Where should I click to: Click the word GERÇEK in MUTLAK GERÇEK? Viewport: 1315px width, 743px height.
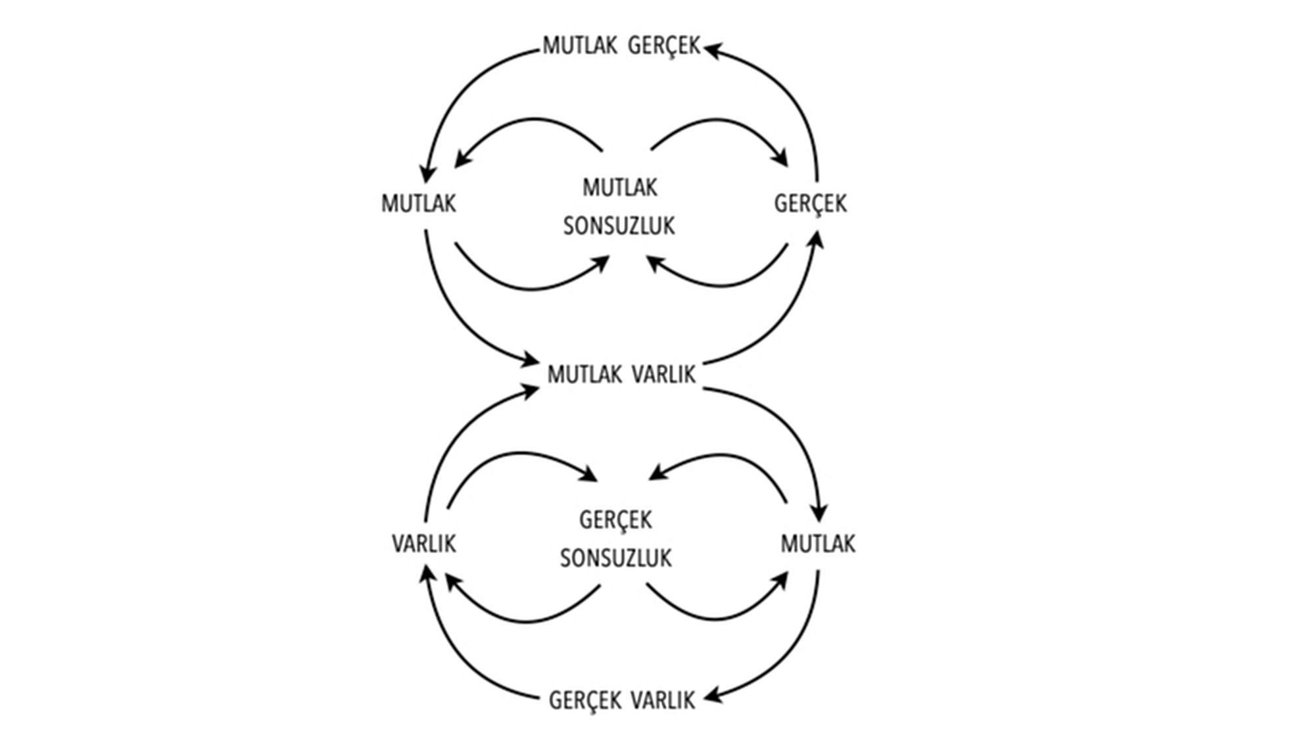(664, 47)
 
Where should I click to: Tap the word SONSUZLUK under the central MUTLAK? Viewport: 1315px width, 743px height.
(619, 226)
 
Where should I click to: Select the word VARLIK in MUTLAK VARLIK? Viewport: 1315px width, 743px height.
(663, 375)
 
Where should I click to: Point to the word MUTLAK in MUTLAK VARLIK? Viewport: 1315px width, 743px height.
(585, 375)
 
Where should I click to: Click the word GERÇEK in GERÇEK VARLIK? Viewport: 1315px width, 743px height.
(585, 701)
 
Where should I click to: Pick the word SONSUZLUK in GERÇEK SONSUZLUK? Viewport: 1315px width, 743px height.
(615, 559)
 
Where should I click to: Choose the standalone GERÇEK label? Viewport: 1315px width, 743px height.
(810, 204)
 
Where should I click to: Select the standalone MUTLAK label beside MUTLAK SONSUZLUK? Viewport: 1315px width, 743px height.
(418, 204)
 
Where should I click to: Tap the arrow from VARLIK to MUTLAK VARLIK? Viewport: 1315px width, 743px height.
(454, 434)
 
